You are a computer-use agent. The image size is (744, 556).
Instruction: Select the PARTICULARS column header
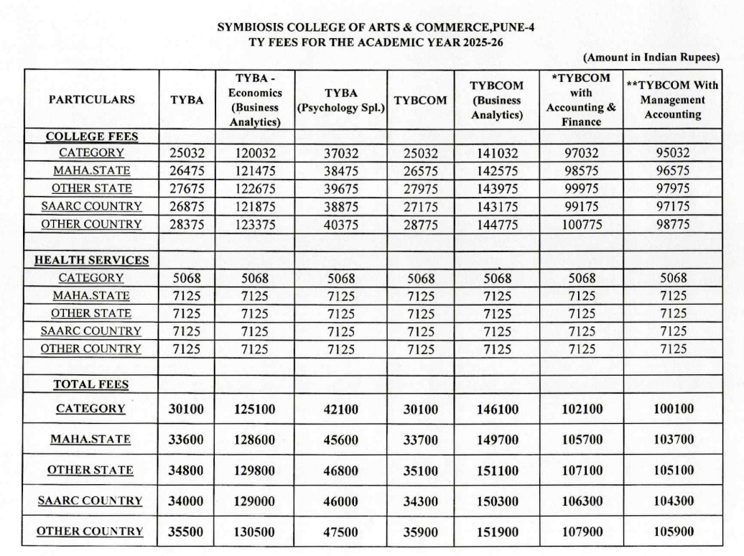pyautogui.click(x=91, y=100)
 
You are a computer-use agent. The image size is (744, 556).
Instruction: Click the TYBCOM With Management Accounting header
pyautogui.click(x=672, y=100)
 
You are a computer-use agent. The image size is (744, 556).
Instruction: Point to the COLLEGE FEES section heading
pyautogui.click(x=92, y=136)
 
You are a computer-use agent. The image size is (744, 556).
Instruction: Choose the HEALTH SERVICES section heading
pyautogui.click(x=92, y=260)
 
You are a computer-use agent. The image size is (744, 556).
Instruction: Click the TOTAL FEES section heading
pyautogui.click(x=91, y=384)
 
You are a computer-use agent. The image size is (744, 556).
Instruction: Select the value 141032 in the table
pyautogui.click(x=496, y=153)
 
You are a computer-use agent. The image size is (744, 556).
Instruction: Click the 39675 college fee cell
pyautogui.click(x=342, y=189)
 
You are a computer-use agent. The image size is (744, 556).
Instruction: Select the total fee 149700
pyautogui.click(x=496, y=440)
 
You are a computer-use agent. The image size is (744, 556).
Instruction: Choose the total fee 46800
pyautogui.click(x=342, y=471)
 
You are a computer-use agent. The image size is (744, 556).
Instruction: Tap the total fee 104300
pyautogui.click(x=672, y=501)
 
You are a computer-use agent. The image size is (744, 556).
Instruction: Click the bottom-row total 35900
pyautogui.click(x=420, y=532)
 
